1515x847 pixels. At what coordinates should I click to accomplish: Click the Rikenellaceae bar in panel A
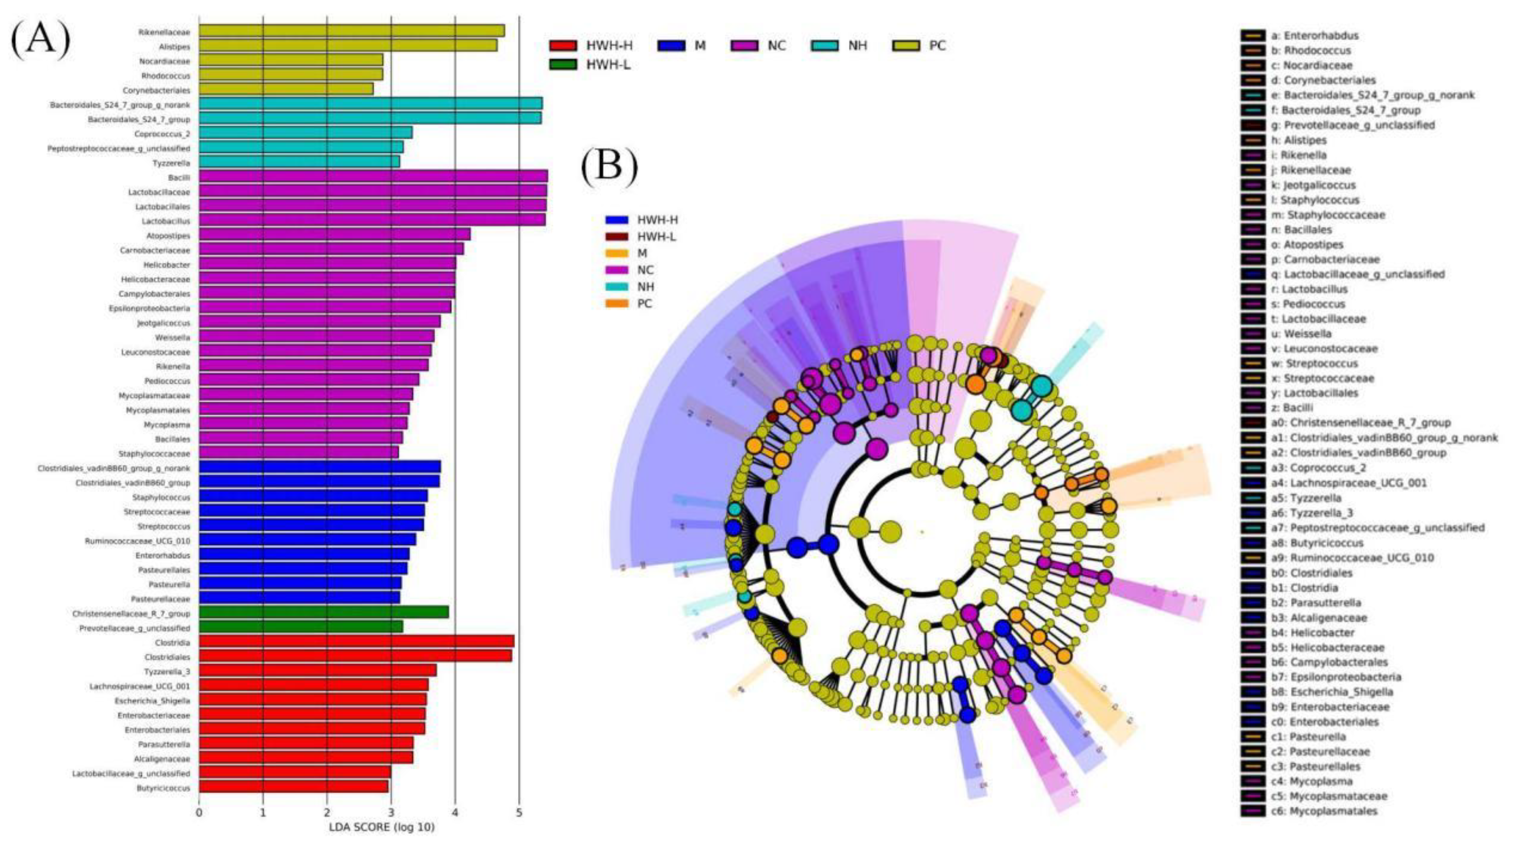coord(352,31)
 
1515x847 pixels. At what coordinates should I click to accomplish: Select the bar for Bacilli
coord(373,176)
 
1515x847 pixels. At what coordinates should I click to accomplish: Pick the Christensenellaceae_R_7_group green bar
coord(324,612)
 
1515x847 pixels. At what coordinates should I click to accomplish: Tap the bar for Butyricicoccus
coord(293,787)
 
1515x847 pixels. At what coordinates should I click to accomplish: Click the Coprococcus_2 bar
coord(305,133)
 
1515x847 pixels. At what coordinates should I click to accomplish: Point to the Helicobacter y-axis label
coord(166,265)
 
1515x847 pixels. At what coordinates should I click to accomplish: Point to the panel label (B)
coord(609,168)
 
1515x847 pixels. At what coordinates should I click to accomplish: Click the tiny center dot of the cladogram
coord(922,532)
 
